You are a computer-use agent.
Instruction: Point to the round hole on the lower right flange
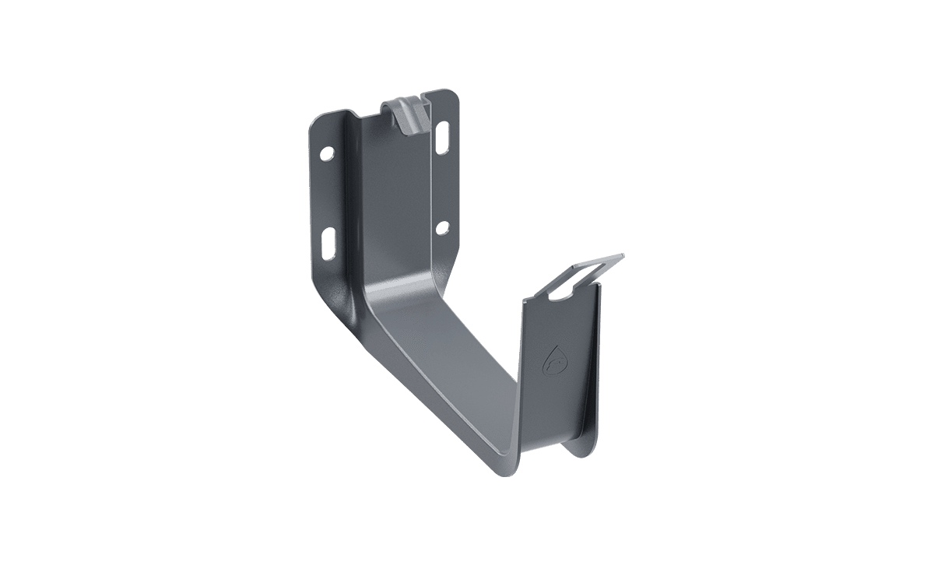coord(442,227)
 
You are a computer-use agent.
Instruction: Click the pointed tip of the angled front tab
coord(623,254)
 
